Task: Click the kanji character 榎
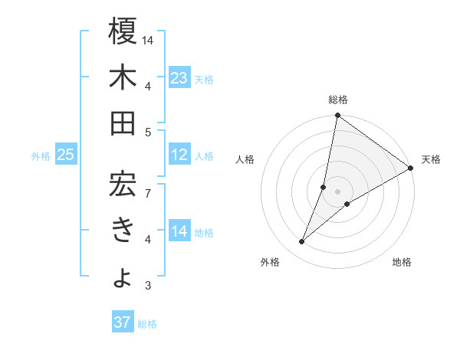tap(123, 31)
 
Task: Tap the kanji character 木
tap(123, 77)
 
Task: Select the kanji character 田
tap(123, 123)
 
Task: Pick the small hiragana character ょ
tap(123, 278)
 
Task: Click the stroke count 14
tap(149, 39)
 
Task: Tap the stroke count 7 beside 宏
tap(148, 185)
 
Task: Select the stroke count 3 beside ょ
tap(148, 286)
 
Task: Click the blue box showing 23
tap(179, 77)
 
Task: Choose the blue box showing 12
tap(179, 155)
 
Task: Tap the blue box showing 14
tap(179, 231)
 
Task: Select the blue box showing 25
tap(65, 155)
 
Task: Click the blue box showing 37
tap(122, 322)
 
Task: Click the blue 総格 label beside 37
tap(147, 323)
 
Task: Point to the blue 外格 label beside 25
tap(41, 155)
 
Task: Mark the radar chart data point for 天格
tap(410, 169)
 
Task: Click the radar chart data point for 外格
tap(302, 242)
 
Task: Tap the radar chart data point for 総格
tap(337, 116)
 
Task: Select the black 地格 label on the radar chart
tap(402, 263)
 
